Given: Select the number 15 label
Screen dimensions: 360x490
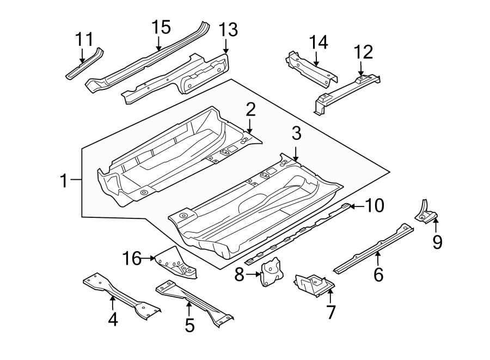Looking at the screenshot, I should tap(161, 27).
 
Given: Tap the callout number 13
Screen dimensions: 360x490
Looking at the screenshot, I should tap(228, 30).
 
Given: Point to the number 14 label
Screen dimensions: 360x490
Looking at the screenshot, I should tap(320, 42).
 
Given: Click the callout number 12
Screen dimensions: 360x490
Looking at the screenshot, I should tap(363, 52).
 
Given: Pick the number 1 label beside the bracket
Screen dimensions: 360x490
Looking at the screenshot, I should tap(64, 180).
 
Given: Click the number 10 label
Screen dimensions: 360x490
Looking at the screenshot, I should tap(374, 205).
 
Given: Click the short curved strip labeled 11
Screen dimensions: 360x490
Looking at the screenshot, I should tap(84, 64).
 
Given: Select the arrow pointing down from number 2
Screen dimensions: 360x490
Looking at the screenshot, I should tap(249, 127).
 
